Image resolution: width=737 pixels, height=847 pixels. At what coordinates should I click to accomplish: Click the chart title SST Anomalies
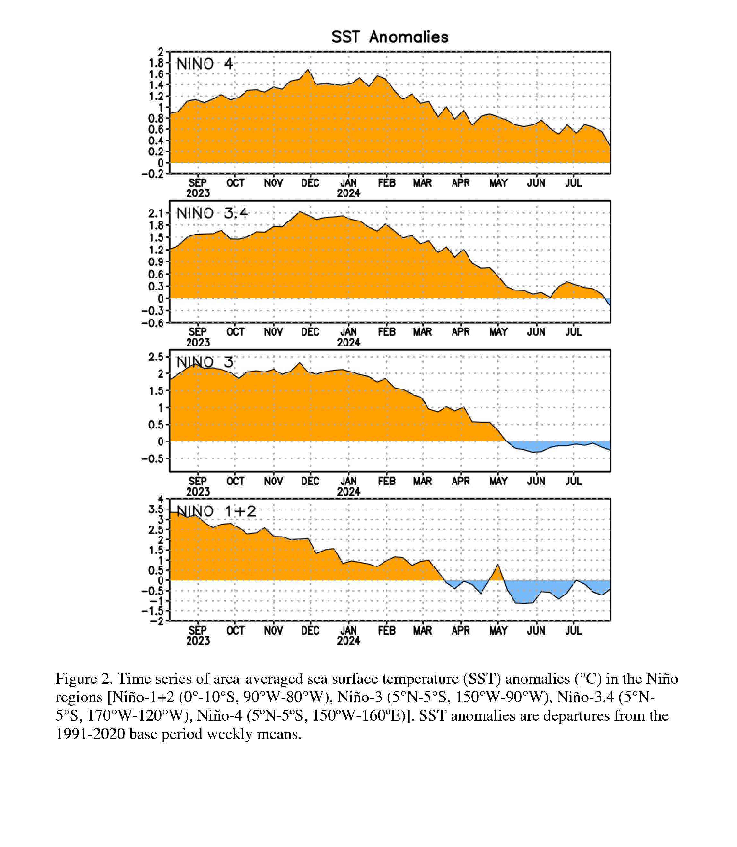(390, 37)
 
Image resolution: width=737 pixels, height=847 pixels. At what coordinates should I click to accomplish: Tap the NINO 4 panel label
(205, 64)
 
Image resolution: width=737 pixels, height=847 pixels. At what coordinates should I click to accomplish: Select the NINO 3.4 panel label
(212, 213)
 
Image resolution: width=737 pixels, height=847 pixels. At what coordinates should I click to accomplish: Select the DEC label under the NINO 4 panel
(310, 183)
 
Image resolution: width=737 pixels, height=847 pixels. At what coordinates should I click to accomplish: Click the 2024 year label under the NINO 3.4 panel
(348, 342)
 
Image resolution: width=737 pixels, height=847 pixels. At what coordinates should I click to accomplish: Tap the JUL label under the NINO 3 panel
(573, 481)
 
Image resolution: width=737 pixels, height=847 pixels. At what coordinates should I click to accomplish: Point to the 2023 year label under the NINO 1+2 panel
(198, 641)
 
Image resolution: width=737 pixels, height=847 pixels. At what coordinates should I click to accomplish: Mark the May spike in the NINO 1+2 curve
(498, 565)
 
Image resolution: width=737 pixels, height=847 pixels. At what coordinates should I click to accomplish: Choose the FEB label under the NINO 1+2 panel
(387, 630)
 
